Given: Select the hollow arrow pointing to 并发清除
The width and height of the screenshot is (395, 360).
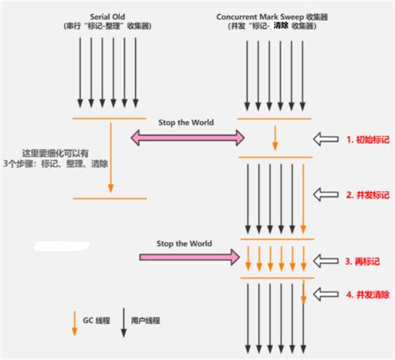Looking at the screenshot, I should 326,293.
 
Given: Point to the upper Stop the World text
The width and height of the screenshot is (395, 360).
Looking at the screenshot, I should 185,122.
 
